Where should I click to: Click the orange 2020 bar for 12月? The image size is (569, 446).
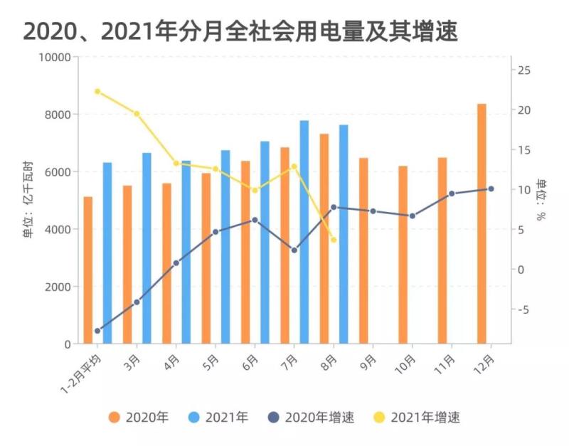click(482, 223)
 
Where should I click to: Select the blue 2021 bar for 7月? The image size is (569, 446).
click(304, 232)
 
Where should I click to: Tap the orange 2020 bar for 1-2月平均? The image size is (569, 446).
click(88, 270)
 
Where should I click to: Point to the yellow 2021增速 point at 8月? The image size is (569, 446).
click(334, 240)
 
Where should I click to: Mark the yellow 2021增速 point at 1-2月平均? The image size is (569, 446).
click(97, 91)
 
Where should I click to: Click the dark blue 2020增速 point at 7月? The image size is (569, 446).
click(294, 250)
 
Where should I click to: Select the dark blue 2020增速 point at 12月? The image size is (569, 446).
click(491, 189)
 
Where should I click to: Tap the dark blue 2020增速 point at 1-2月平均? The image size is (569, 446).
click(97, 331)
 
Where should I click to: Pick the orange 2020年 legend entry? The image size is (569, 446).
click(139, 418)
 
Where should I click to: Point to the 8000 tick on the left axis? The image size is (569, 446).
click(58, 115)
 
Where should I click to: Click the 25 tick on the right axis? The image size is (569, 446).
click(524, 70)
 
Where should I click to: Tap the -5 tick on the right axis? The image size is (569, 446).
click(524, 309)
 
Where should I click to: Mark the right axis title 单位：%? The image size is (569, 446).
click(542, 201)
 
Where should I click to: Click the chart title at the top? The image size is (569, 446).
click(240, 31)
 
